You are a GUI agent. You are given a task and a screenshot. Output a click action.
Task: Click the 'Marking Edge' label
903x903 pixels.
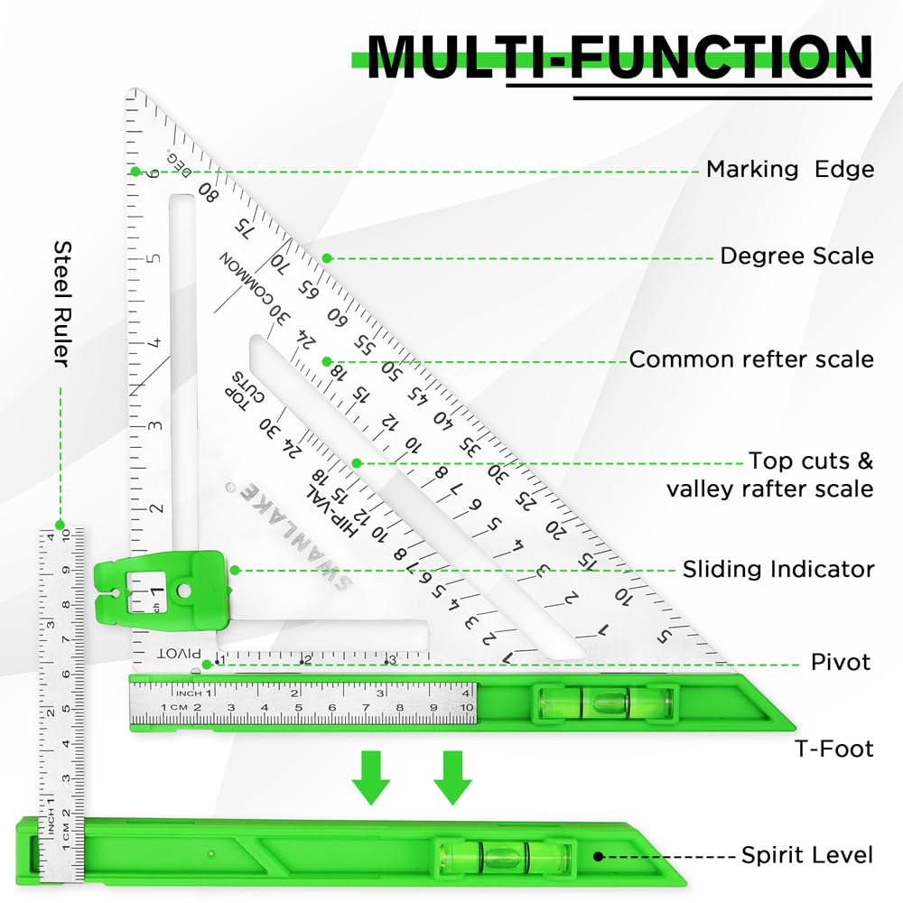coord(789,169)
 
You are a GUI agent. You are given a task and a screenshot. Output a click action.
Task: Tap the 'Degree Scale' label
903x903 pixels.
coord(796,256)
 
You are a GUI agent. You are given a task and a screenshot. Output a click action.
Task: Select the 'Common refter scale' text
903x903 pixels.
coord(751,359)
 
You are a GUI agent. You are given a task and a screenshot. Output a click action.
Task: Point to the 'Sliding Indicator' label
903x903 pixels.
coord(777,570)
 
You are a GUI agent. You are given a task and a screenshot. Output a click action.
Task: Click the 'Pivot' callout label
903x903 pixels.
coord(840,663)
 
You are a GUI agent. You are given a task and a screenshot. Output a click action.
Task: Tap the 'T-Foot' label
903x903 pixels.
coord(833,748)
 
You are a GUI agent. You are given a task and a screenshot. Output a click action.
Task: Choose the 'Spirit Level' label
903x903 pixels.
coord(807,855)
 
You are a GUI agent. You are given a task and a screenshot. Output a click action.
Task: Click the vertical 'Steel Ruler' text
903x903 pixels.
coord(61,303)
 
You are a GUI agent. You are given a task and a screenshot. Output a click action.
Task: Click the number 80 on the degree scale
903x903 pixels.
coord(209,191)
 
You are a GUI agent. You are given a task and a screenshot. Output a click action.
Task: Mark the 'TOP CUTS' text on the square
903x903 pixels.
coord(236,388)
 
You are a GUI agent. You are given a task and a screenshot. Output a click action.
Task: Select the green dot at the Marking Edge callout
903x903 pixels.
coord(135,171)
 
